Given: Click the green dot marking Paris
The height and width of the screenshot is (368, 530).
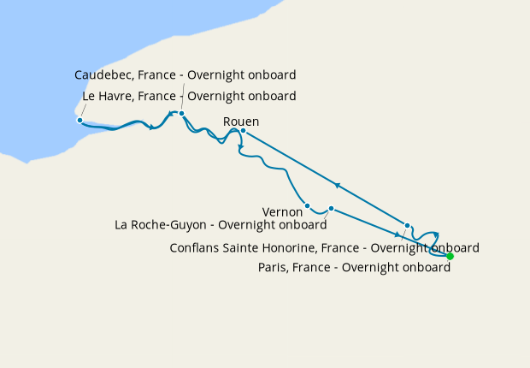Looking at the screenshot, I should (450, 256).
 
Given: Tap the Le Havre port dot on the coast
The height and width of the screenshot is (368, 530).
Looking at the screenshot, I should (79, 120).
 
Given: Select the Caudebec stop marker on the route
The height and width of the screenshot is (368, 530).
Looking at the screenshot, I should (181, 113).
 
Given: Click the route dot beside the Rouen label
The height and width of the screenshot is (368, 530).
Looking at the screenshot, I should (243, 131).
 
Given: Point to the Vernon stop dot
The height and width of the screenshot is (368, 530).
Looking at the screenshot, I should (307, 205).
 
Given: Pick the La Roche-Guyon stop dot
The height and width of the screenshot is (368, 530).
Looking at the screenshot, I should (331, 208).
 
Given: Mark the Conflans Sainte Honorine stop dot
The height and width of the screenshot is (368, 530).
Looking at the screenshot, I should (407, 226).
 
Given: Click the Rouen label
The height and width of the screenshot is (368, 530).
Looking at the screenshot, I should (240, 122).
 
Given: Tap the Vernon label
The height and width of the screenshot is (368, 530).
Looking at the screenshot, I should (283, 211).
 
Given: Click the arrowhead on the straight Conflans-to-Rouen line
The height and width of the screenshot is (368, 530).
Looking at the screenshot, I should (339, 184).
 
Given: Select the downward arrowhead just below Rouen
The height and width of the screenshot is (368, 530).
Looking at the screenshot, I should (242, 149).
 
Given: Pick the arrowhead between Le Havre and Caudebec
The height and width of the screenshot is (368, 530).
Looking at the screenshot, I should (151, 128).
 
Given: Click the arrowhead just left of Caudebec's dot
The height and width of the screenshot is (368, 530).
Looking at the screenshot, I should (171, 113).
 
